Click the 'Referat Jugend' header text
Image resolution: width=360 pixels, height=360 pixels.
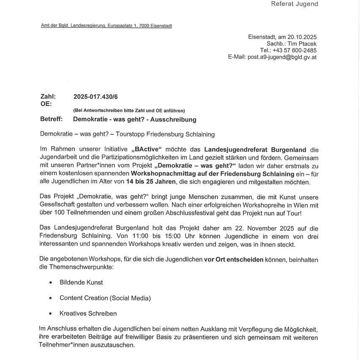click(294, 4)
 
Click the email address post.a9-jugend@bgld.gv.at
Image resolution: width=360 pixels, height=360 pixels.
click(281, 57)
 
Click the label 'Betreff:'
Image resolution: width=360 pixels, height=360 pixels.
click(51, 119)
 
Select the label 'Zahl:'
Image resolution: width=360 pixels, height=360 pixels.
click(48, 97)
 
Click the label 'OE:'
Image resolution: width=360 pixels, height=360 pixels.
click(46, 104)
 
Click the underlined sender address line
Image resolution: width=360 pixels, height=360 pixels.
click(106, 26)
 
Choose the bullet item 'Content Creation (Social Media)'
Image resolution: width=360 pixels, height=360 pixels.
click(105, 298)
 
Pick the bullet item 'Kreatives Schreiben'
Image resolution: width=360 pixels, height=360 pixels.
click(88, 314)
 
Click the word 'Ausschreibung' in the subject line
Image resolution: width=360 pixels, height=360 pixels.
click(176, 120)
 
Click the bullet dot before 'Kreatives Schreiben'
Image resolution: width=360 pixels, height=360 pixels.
click(50, 314)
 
